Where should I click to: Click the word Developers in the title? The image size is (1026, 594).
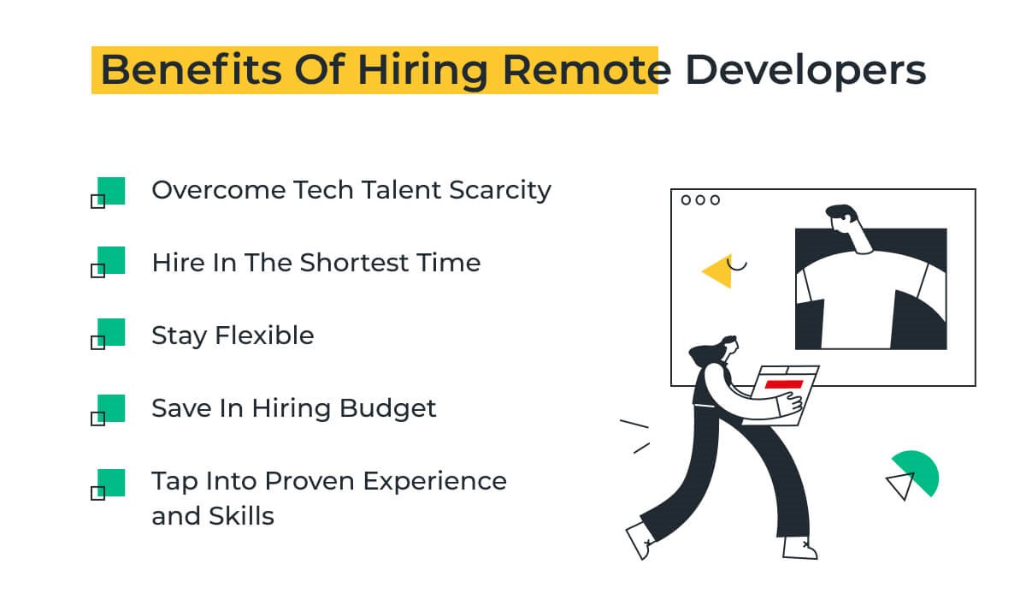805,70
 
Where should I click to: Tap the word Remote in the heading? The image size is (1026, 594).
587,69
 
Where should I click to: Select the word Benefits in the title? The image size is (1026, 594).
191,69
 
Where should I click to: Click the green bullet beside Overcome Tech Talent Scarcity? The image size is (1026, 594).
111,190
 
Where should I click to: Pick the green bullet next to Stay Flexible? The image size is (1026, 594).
111,331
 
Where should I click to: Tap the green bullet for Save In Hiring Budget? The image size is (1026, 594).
111,407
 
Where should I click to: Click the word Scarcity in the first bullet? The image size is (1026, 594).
500,191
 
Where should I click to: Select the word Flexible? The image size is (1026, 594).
264,336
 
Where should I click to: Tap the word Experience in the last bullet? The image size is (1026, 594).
435,482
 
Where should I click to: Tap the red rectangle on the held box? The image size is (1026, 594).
784,384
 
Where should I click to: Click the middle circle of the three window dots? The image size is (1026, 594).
700,200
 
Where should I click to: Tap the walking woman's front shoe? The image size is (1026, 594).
799,548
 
